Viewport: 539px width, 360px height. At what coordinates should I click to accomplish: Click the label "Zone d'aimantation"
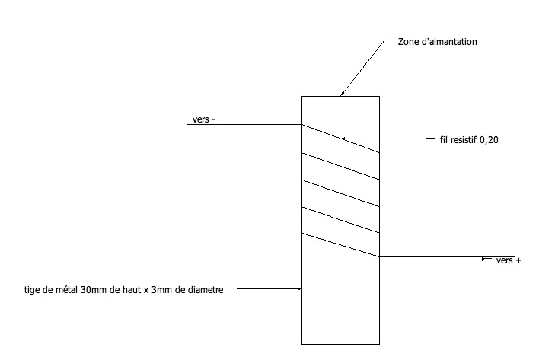pos(438,42)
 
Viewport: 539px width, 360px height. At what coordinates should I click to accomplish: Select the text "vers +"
pos(509,260)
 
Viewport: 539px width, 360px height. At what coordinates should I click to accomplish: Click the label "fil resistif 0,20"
pos(469,139)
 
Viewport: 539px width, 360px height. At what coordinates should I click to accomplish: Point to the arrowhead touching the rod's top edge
pos(342,94)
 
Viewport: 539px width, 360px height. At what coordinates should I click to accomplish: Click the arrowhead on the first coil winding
pos(343,139)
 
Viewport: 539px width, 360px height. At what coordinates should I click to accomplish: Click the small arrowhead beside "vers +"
pos(485,260)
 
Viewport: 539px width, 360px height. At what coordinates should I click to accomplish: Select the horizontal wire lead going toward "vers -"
pos(244,124)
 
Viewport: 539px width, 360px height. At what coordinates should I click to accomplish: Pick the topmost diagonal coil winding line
pos(340,139)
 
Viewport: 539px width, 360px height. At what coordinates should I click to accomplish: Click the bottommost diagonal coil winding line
pos(340,245)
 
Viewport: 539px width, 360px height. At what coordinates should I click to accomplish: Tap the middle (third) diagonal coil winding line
pos(340,193)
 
